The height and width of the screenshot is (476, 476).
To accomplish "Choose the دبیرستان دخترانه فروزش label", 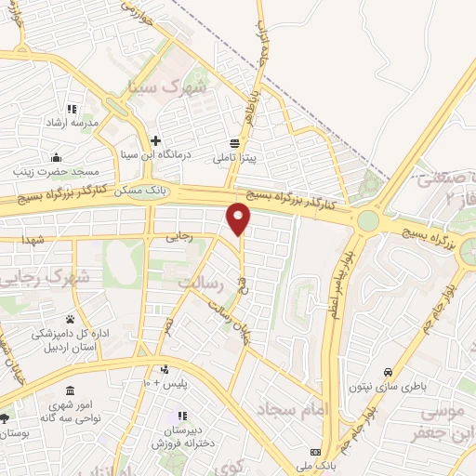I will [183, 437].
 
